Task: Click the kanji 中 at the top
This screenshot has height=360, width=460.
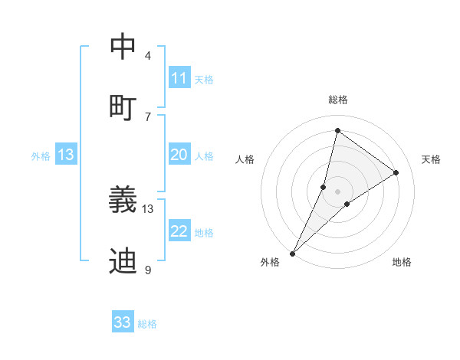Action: (123, 47)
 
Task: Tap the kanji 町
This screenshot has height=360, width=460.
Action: (123, 106)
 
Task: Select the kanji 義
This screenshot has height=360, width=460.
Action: (123, 200)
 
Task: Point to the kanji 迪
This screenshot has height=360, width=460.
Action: (123, 261)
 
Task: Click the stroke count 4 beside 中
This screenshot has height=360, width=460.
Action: (148, 55)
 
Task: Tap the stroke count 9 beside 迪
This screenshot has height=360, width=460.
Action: (148, 270)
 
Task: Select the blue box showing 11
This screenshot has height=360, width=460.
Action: (179, 78)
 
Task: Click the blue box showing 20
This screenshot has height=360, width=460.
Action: (179, 155)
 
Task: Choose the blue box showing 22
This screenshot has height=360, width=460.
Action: (179, 231)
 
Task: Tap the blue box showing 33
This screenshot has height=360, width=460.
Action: (123, 322)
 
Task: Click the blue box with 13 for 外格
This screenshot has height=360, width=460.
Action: (66, 155)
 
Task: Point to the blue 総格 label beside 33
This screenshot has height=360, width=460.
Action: (147, 324)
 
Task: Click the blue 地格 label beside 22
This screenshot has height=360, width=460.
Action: (204, 233)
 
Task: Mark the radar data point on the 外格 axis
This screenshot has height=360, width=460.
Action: (293, 253)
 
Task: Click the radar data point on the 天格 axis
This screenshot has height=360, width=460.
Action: (396, 172)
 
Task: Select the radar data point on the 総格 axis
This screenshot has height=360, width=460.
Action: (337, 129)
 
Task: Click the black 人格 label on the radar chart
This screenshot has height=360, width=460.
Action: (245, 159)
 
